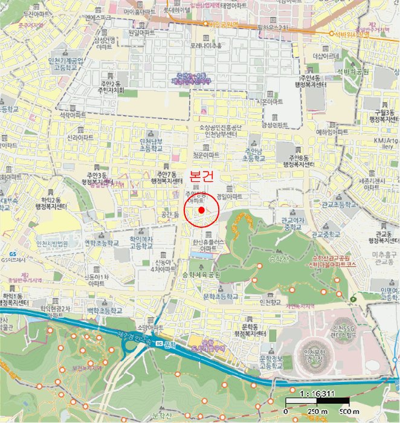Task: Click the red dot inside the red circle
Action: pos(201,209)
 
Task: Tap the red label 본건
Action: pos(202,176)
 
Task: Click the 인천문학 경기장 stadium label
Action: pos(315,354)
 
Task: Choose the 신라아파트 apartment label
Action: pos(80,137)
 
